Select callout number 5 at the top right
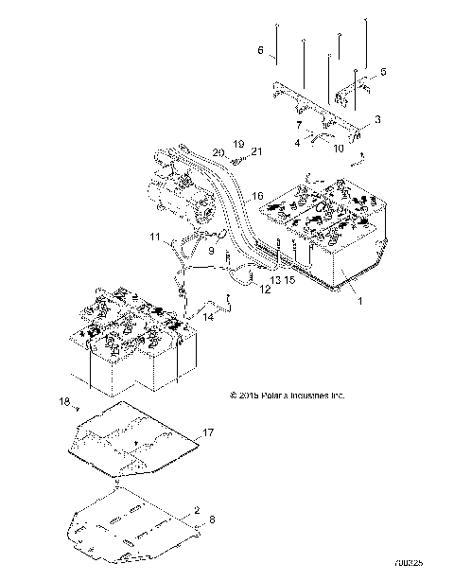coord(383,71)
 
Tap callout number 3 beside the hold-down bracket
coord(377,120)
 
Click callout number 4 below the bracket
coord(296,142)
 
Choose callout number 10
coord(338,148)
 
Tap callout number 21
coord(256,151)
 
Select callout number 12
coord(266,290)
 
